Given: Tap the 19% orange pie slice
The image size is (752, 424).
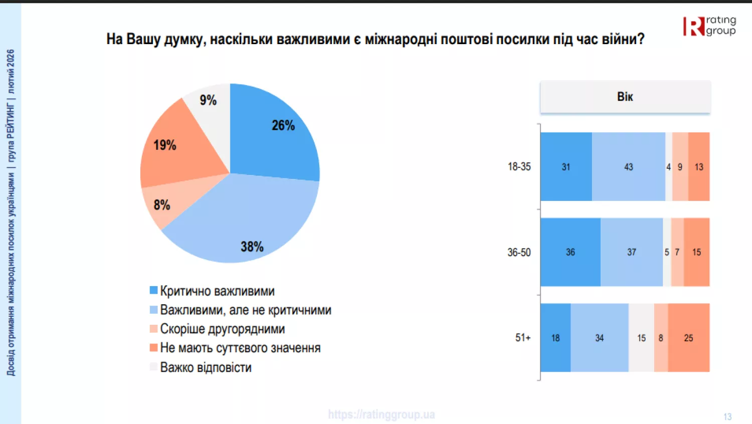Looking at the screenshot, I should (x=175, y=150).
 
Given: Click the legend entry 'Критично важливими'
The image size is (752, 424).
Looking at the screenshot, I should (x=217, y=291).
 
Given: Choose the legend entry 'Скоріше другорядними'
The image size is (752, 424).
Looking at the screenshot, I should (x=222, y=329).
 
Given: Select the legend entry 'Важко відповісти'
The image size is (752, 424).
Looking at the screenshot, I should (x=205, y=367).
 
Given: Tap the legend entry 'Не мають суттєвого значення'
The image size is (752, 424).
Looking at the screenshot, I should (x=240, y=348).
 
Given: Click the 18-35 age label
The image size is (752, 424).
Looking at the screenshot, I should (x=519, y=166).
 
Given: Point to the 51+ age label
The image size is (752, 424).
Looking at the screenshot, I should (x=522, y=338).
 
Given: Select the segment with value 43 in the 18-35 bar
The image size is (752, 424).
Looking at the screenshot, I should (x=629, y=167).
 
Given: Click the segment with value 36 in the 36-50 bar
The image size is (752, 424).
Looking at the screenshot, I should (x=571, y=252).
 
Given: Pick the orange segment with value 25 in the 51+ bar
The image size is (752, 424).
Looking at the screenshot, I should (x=688, y=338).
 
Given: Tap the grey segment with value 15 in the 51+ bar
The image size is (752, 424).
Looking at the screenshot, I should (x=641, y=338).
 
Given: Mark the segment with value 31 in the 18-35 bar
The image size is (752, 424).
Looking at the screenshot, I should (x=566, y=167).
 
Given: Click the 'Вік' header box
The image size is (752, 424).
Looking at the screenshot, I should (x=625, y=97).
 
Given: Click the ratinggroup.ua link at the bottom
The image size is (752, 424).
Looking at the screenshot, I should (x=382, y=414).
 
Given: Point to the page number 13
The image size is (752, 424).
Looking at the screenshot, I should (x=727, y=416).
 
